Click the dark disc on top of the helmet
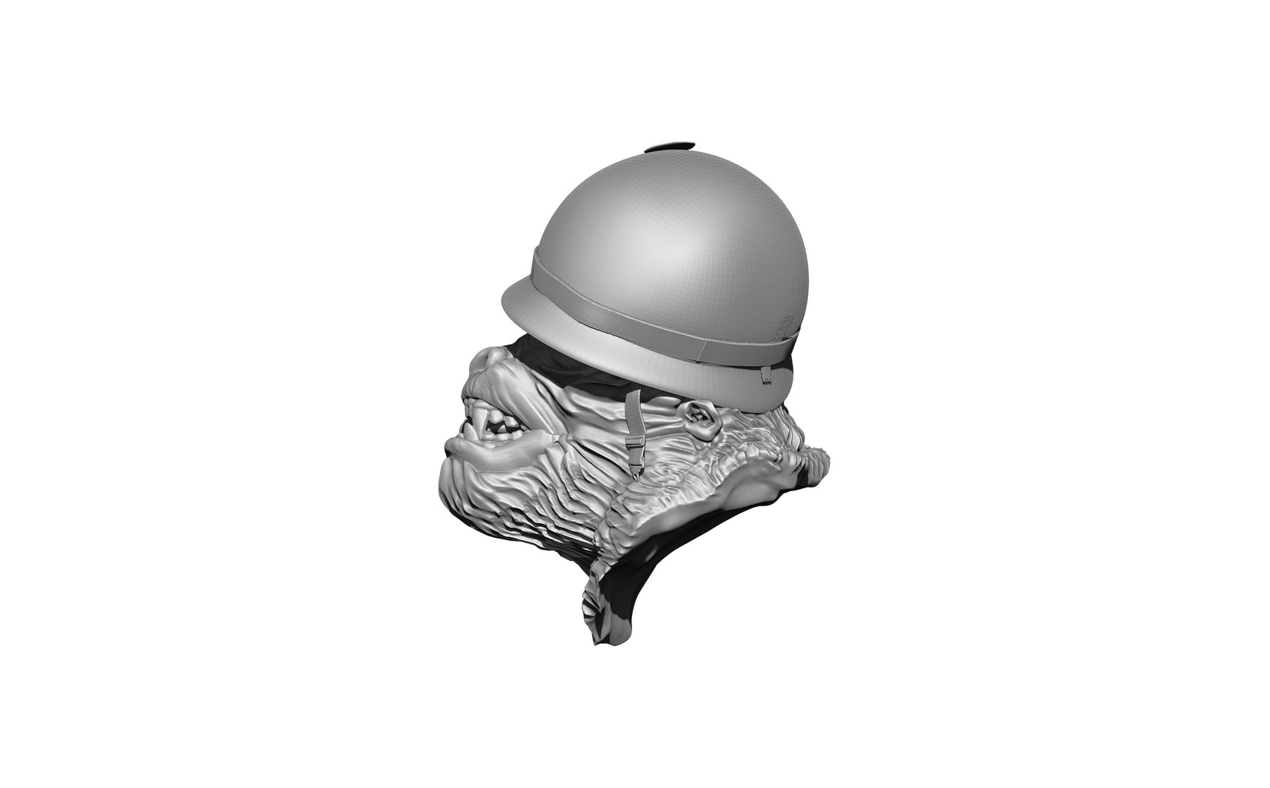669,147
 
